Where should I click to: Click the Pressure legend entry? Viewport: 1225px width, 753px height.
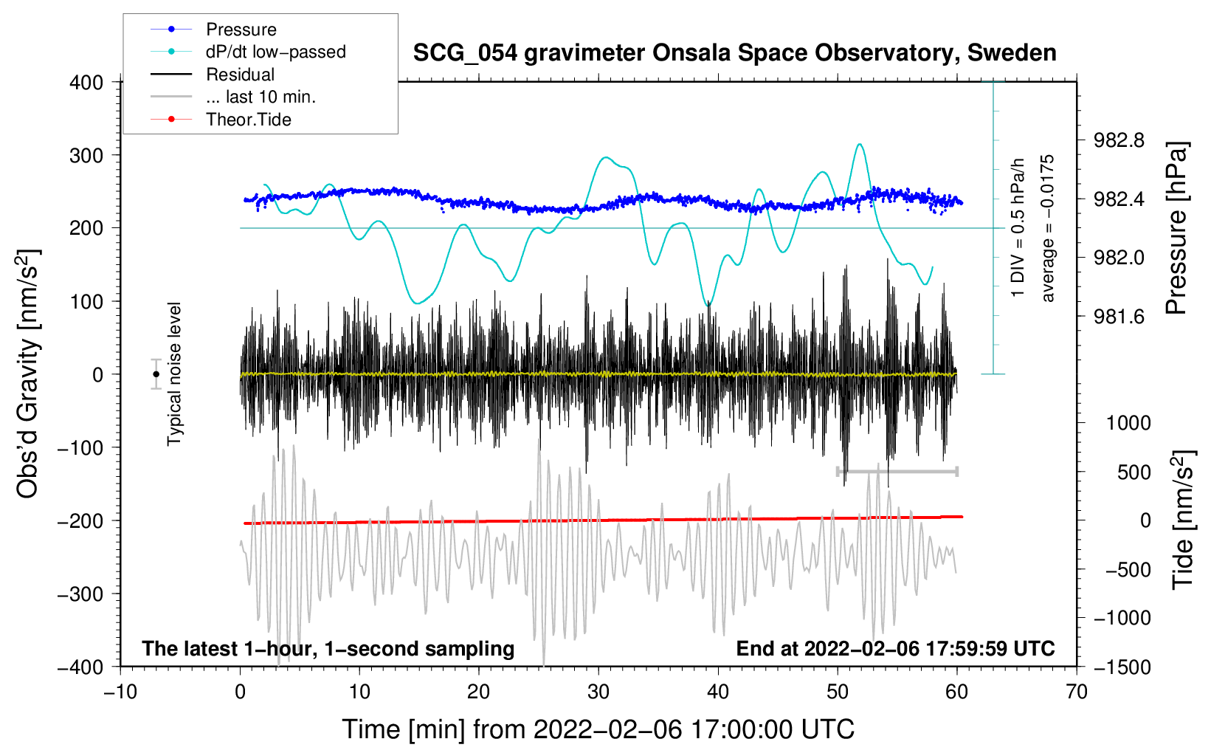coord(241,30)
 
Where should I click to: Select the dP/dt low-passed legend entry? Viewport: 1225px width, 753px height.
coord(275,52)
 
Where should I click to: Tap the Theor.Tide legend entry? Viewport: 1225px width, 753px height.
coord(248,120)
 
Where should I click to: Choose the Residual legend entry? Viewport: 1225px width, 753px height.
coord(240,75)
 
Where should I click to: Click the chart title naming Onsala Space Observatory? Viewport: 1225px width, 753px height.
coord(734,53)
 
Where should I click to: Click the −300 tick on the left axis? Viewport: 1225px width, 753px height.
coord(80,594)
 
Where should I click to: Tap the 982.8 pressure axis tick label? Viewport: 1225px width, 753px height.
coord(1119,140)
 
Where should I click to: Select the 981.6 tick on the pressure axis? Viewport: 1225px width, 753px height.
coord(1119,317)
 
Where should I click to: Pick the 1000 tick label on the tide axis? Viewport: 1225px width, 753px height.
coord(1128,423)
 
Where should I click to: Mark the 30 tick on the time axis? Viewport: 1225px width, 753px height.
coord(598,692)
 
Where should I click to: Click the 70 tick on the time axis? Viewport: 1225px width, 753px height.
coord(1077,692)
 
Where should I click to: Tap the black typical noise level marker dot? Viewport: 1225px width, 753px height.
coord(156,374)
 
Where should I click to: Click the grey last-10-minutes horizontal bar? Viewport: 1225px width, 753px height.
coord(897,471)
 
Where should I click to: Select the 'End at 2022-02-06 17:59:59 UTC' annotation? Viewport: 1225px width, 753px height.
coord(895,648)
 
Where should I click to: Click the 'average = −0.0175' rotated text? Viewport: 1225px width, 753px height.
coord(1048,228)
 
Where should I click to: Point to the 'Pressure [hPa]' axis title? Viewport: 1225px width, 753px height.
coord(1177,228)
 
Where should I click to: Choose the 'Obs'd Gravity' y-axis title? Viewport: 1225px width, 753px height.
coord(27,374)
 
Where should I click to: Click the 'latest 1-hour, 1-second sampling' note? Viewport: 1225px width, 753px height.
coord(328,648)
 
